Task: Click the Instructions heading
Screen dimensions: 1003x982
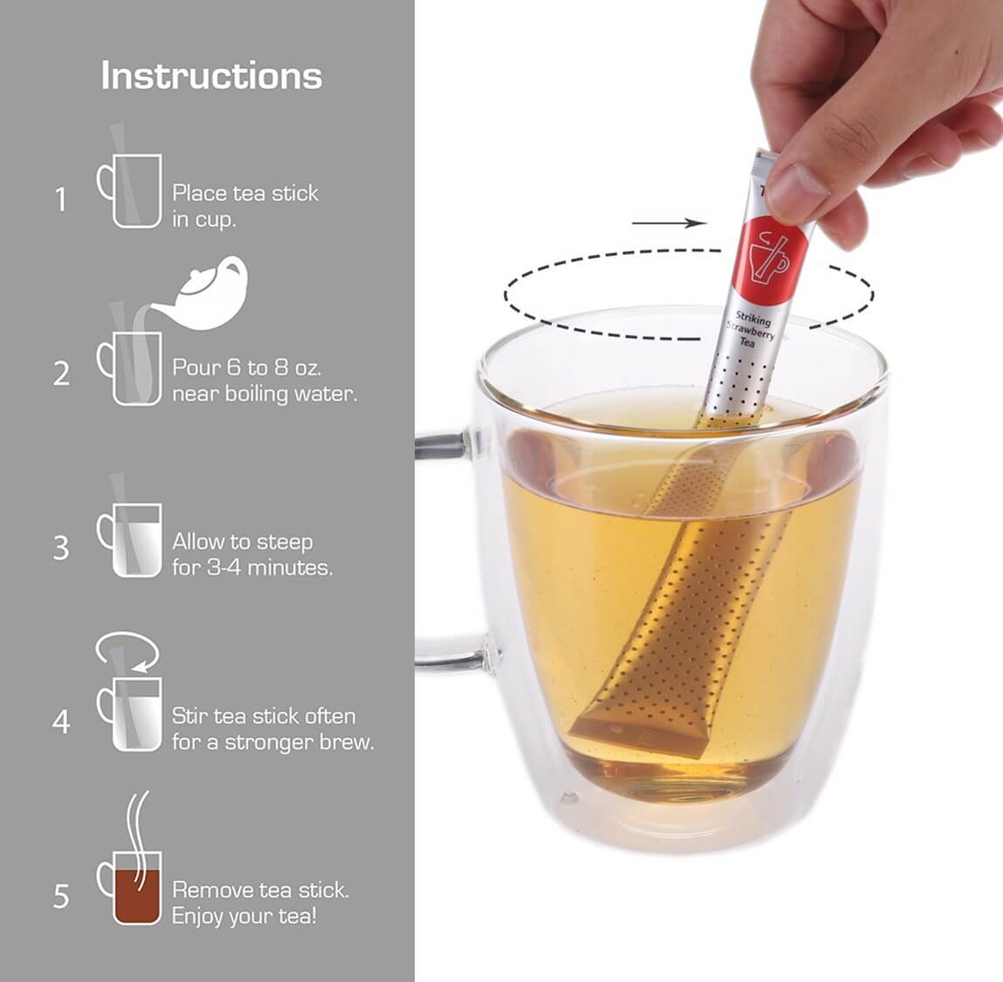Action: [211, 75]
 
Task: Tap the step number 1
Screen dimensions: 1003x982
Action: [61, 200]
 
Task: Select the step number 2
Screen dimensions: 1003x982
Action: [61, 374]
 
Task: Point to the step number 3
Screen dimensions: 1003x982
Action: [61, 547]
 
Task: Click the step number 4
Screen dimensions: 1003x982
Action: [61, 722]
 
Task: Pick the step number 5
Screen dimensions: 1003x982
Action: [61, 896]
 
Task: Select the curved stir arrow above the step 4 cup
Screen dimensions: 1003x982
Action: [128, 650]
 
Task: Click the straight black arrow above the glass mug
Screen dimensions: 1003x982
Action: [669, 223]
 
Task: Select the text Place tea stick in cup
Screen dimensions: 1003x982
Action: [245, 206]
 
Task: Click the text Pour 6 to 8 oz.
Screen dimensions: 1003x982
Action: [247, 367]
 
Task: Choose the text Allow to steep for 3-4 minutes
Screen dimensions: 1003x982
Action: [252, 554]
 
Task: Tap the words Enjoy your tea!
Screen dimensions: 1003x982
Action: [244, 917]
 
